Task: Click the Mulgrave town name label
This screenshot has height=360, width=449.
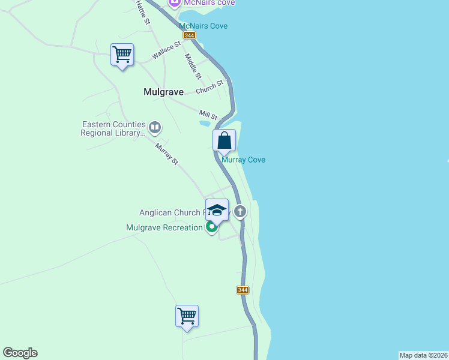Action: coord(163,92)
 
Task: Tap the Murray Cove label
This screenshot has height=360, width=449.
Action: coord(243,160)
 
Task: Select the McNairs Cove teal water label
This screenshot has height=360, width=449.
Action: coord(203,26)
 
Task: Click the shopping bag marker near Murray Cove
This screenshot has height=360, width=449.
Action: coord(224,140)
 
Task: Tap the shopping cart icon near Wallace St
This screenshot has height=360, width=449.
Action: coord(122,55)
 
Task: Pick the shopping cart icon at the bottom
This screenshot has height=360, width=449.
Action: coord(187,315)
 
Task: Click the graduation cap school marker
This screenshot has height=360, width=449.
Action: coord(217,210)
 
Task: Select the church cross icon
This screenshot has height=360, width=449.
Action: coord(240,211)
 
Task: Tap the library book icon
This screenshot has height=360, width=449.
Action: coord(155,127)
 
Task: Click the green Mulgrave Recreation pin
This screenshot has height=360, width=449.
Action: coord(211,227)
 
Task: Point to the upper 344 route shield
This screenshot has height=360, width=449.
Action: coord(189,35)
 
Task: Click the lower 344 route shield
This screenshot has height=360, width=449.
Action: coord(242,290)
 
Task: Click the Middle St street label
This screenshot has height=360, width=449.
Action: coord(193,67)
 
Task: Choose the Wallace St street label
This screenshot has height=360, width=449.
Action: coord(166,50)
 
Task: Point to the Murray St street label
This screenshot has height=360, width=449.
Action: coord(167,154)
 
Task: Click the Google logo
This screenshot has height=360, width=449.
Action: coord(20,353)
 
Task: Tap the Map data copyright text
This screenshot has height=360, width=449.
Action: coord(423,355)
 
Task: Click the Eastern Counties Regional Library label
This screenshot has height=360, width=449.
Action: coord(113,129)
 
